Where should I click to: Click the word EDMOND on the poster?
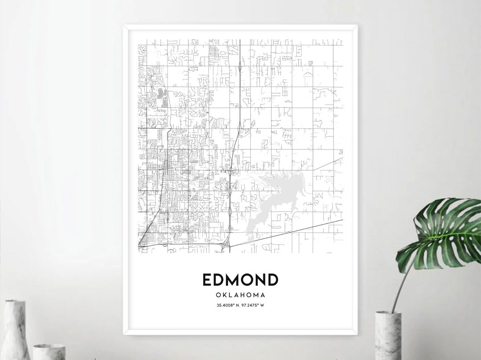click(240, 279)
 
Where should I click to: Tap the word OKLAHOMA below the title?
click(240, 295)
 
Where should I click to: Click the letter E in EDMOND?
click(207, 279)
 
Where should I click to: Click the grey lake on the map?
click(272, 196)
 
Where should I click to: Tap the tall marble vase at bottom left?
click(16, 329)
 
